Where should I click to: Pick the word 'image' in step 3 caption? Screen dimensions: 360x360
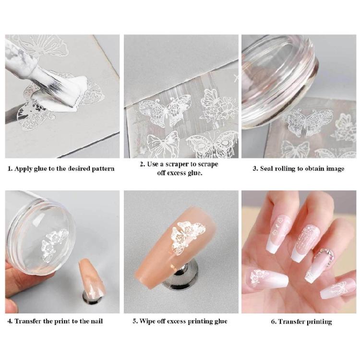(334, 169)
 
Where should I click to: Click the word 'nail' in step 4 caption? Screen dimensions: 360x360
(96, 321)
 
